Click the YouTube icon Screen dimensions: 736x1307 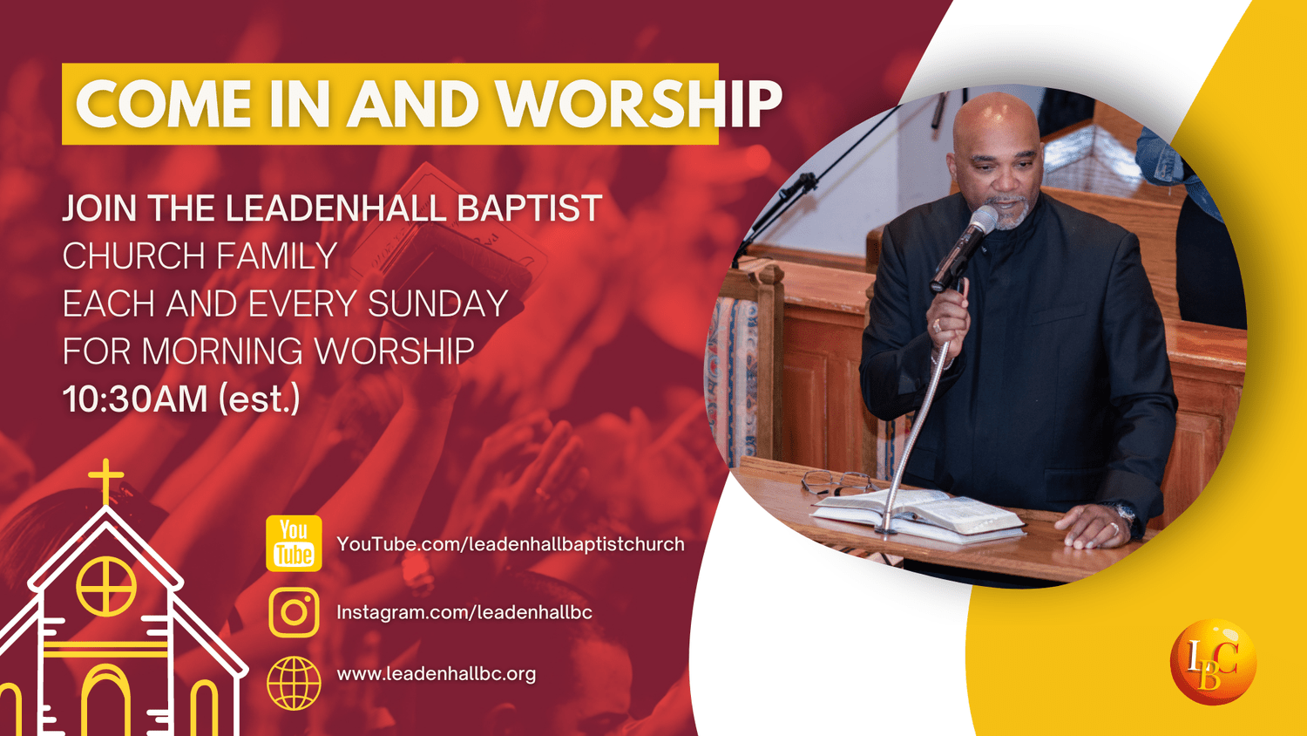pos(294,543)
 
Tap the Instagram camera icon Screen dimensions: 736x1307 pos(294,612)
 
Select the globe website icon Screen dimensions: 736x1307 pos(294,683)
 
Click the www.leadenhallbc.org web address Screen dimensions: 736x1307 pos(436,674)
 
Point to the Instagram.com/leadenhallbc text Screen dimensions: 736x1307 pos(464,612)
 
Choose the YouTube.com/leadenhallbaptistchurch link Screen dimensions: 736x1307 pos(510,544)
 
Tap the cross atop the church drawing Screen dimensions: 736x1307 pos(106,480)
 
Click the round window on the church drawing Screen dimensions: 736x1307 pos(106,586)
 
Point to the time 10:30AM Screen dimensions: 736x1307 pos(135,399)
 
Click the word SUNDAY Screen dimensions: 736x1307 pos(437,304)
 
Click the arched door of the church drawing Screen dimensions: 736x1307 pos(106,702)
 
